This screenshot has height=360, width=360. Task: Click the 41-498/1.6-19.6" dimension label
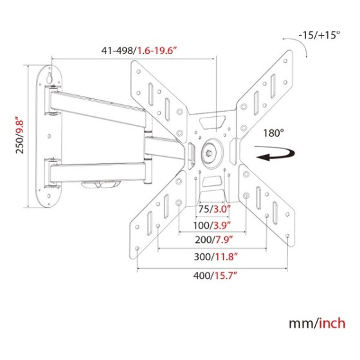click(139, 51)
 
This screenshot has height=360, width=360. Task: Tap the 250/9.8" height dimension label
click(20, 135)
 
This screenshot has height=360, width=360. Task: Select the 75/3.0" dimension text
click(214, 209)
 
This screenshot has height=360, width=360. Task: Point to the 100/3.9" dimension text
click(212, 226)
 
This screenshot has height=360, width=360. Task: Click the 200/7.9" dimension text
click(213, 240)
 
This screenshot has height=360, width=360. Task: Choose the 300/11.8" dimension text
click(215, 256)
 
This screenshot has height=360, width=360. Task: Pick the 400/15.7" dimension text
click(215, 276)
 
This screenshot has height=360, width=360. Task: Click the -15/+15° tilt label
click(319, 35)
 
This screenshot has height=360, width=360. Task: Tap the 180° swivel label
click(273, 133)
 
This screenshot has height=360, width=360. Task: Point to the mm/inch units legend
click(317, 323)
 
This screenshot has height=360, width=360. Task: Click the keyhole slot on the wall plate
click(49, 77)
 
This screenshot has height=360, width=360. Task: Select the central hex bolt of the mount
click(210, 153)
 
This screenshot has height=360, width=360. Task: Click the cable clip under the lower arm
click(100, 184)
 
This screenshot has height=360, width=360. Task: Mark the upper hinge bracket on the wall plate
click(53, 100)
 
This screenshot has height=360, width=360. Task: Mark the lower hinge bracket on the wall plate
click(52, 174)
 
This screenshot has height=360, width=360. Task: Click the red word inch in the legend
click(331, 323)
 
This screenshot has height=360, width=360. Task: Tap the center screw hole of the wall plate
click(49, 136)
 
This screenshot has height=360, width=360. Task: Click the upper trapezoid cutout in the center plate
click(212, 123)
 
